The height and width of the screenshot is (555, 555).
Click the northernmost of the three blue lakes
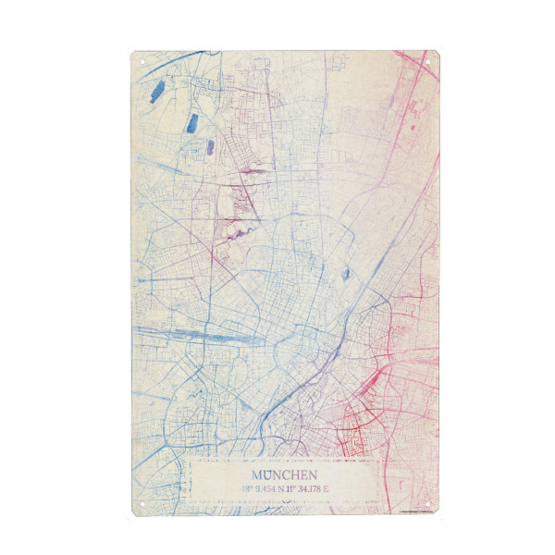[157, 91]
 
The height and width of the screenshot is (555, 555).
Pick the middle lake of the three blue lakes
[194, 121]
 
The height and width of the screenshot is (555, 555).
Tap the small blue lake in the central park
[346, 274]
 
